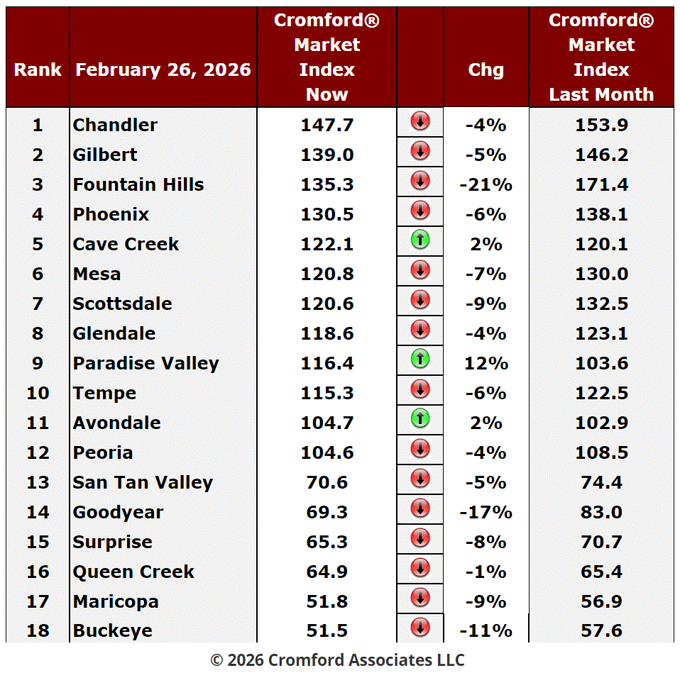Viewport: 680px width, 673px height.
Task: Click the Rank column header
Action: point(38,69)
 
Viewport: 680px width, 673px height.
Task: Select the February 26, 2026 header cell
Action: point(163,69)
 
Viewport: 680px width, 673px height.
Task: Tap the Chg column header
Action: point(486,69)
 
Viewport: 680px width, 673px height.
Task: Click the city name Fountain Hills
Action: point(138,184)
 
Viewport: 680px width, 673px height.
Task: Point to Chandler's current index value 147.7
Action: point(327,125)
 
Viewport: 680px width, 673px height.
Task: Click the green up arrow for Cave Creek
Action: point(420,240)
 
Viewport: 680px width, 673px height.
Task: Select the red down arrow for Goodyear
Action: point(420,508)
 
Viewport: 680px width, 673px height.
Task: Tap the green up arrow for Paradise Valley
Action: point(420,360)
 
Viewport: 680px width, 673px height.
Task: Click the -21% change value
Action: point(486,184)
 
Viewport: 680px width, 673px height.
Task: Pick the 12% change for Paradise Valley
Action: point(486,363)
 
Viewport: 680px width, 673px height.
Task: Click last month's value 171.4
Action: point(601,184)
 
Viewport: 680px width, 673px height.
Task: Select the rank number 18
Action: point(38,631)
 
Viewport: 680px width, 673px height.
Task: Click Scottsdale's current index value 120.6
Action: point(327,304)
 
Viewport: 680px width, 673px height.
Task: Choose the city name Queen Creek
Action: point(133,572)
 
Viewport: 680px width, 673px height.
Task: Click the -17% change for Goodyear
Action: point(486,512)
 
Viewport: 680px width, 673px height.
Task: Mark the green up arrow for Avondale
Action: point(420,419)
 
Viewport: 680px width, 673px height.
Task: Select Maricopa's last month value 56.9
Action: point(601,601)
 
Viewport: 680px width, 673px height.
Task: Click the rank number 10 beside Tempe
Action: point(38,393)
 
